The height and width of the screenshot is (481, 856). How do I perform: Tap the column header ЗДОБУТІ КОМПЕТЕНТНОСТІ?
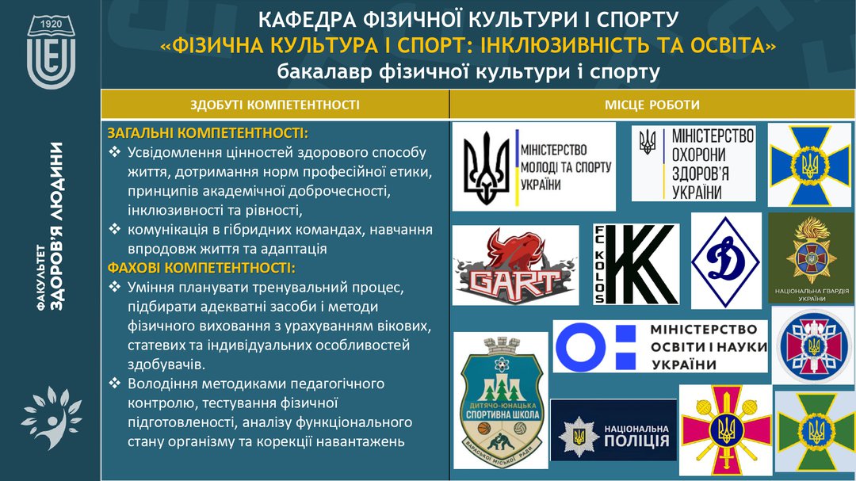click(x=275, y=105)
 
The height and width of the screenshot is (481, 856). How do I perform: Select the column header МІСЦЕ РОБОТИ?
click(x=652, y=105)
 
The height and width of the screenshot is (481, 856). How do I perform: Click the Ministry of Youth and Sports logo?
click(x=534, y=166)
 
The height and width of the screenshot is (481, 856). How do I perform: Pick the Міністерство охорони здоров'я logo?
click(x=694, y=163)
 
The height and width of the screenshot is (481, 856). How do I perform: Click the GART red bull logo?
click(x=515, y=265)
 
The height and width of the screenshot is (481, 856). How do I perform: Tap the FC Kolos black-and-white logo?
click(x=636, y=264)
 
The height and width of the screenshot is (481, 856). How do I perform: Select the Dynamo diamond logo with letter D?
click(x=725, y=261)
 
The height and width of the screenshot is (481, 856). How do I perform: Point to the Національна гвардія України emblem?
click(x=809, y=258)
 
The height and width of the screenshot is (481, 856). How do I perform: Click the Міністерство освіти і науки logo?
click(x=660, y=346)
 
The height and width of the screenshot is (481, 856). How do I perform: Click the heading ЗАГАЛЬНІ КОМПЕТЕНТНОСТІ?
click(x=208, y=132)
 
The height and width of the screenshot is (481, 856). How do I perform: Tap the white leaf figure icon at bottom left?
click(x=51, y=418)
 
